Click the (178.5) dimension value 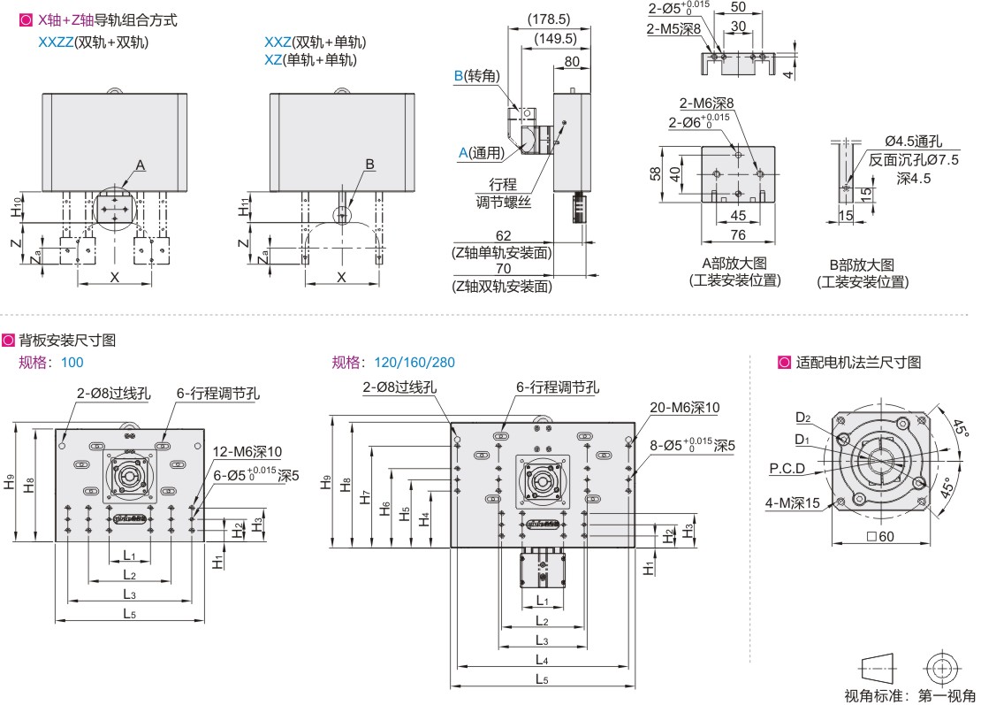[549, 19]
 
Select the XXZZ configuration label [57, 42]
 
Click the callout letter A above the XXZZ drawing [141, 165]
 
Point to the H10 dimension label [18, 208]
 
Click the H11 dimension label [244, 208]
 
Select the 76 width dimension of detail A [739, 234]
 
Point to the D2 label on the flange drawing [802, 418]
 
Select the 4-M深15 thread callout [794, 503]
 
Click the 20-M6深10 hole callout [684, 408]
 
